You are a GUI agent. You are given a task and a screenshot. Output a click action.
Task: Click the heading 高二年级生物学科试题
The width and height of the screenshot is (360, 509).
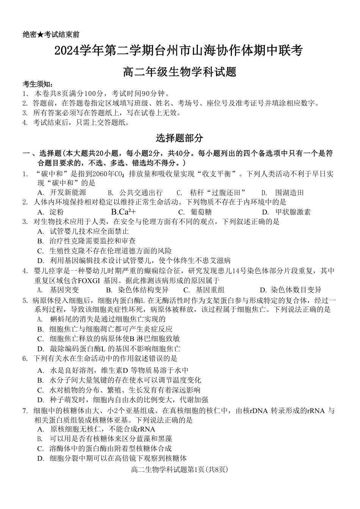point(179,72)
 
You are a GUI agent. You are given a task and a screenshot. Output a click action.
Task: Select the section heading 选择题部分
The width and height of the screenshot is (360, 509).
point(179,138)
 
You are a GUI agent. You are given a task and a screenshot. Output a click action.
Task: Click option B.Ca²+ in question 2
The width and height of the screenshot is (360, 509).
point(124,212)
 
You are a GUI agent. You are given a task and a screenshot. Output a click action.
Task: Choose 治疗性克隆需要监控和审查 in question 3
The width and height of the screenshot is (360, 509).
point(92,241)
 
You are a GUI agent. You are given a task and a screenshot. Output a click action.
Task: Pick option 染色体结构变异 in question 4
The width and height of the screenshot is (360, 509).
point(143,290)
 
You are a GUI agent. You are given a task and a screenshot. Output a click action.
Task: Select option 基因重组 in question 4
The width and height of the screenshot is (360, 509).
point(210,290)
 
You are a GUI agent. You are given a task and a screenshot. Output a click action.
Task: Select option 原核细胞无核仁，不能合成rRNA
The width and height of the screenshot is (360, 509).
point(102,429)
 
